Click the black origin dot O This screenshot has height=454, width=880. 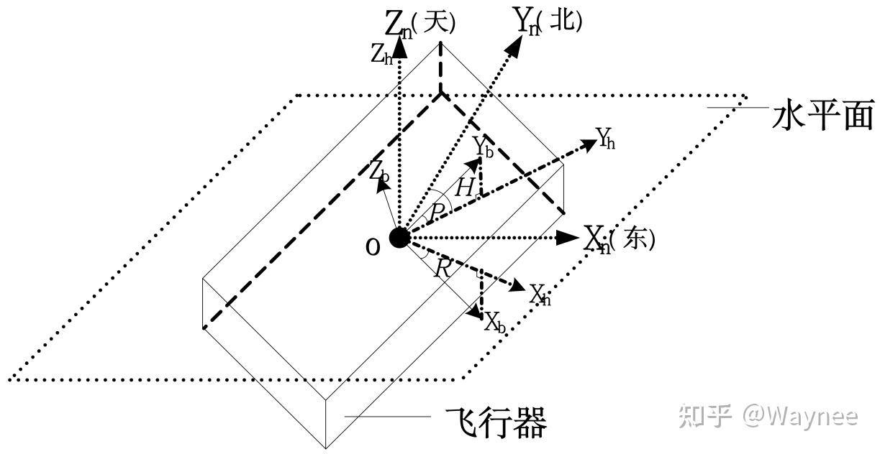click(399, 238)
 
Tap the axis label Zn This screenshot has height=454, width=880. click(398, 24)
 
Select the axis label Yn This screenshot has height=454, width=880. click(527, 22)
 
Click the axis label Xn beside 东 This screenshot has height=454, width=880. click(596, 238)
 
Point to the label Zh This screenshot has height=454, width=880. click(381, 56)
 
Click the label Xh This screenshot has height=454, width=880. click(540, 295)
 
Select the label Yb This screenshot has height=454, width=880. click(482, 147)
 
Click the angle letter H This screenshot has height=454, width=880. click(465, 188)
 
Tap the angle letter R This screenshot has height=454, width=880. click(443, 269)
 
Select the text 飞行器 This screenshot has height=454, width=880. click(496, 422)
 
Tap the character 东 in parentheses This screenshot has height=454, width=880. click(635, 238)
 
